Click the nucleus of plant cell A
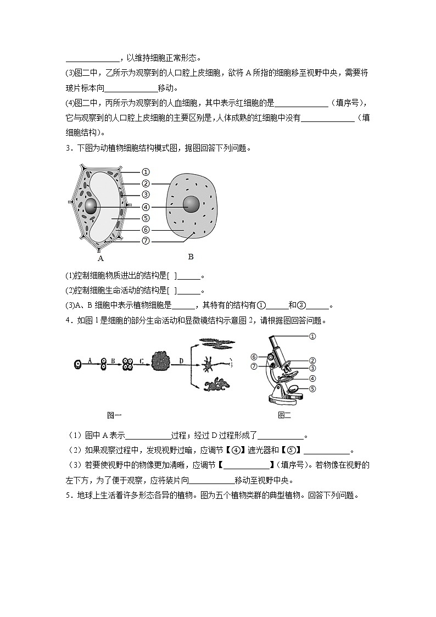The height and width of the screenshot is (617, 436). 90,207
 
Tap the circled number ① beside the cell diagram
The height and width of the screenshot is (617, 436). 146,172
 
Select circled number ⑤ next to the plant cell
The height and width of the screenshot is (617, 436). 146,218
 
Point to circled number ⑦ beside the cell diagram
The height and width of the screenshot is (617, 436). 146,241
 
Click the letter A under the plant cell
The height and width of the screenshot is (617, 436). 100,258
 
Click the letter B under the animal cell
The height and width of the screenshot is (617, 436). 191,257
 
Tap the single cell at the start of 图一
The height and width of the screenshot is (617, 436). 79,363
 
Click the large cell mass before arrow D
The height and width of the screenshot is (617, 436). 163,363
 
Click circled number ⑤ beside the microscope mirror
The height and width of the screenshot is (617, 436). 312,388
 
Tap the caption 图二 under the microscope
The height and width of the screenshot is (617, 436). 284,415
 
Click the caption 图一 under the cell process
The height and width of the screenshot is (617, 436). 114,415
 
